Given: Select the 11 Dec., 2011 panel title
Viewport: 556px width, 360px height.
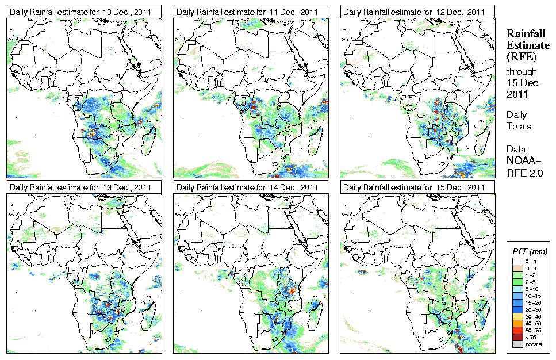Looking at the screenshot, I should point(247,12).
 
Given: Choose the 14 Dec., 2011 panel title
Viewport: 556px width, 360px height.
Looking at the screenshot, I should point(247,187).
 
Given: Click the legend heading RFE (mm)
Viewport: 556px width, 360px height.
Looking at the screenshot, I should point(529,252).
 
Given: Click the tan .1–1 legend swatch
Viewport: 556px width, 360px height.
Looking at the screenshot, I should point(517,268).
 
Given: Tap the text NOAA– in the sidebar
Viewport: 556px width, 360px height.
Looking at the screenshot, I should point(523,161).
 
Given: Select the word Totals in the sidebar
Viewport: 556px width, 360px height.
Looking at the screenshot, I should point(519,126).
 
